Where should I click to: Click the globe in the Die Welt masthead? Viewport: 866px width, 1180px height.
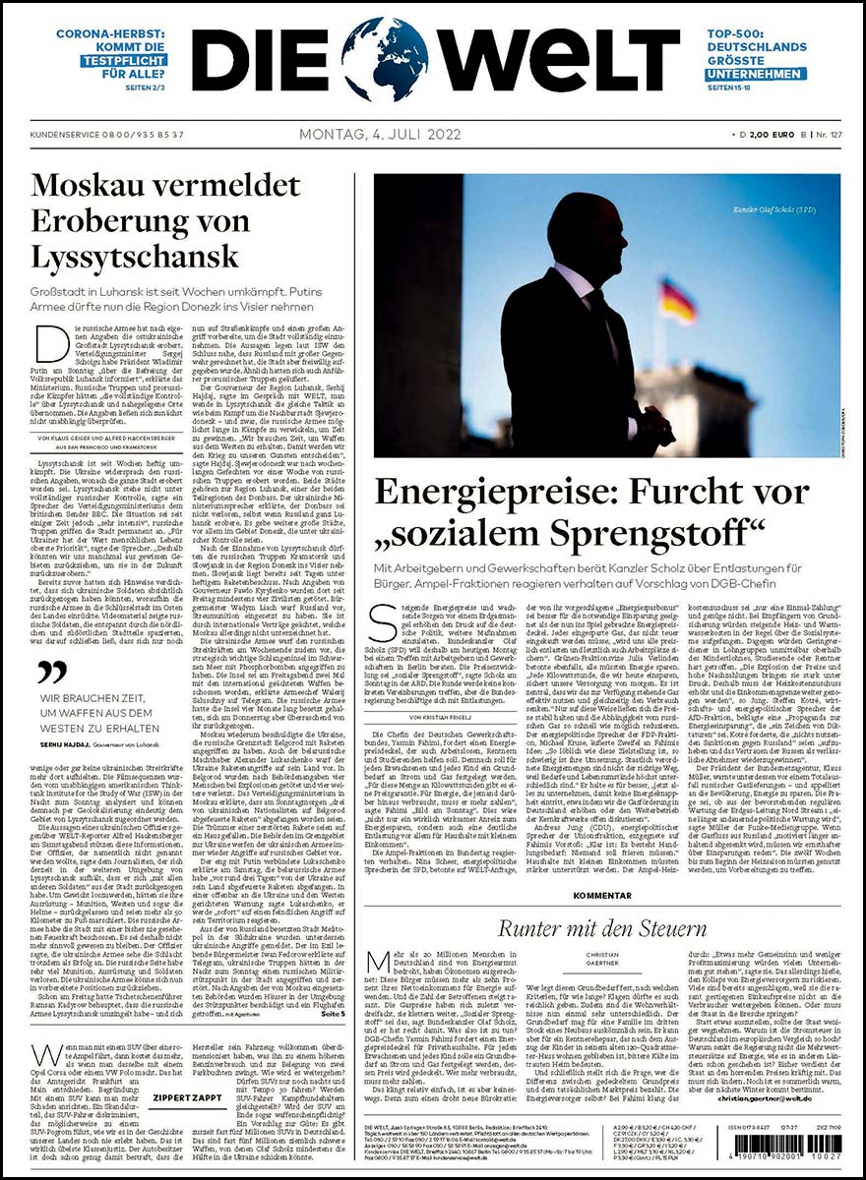point(385,59)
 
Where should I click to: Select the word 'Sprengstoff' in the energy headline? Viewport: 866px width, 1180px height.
point(653,534)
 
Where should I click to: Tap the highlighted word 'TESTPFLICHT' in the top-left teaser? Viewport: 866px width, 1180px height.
point(125,59)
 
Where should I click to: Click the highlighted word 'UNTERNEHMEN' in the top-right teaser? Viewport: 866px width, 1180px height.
point(756,74)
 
